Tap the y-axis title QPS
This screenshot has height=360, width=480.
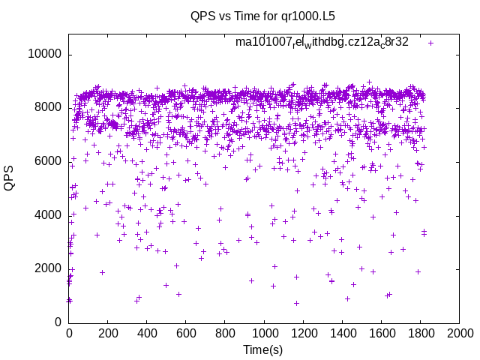(x=9, y=178)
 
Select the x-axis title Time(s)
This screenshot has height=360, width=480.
(x=264, y=350)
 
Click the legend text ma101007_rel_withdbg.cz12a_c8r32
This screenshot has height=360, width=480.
(x=322, y=42)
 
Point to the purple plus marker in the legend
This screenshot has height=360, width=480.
(x=430, y=43)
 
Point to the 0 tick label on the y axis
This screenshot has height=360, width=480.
(x=58, y=322)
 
